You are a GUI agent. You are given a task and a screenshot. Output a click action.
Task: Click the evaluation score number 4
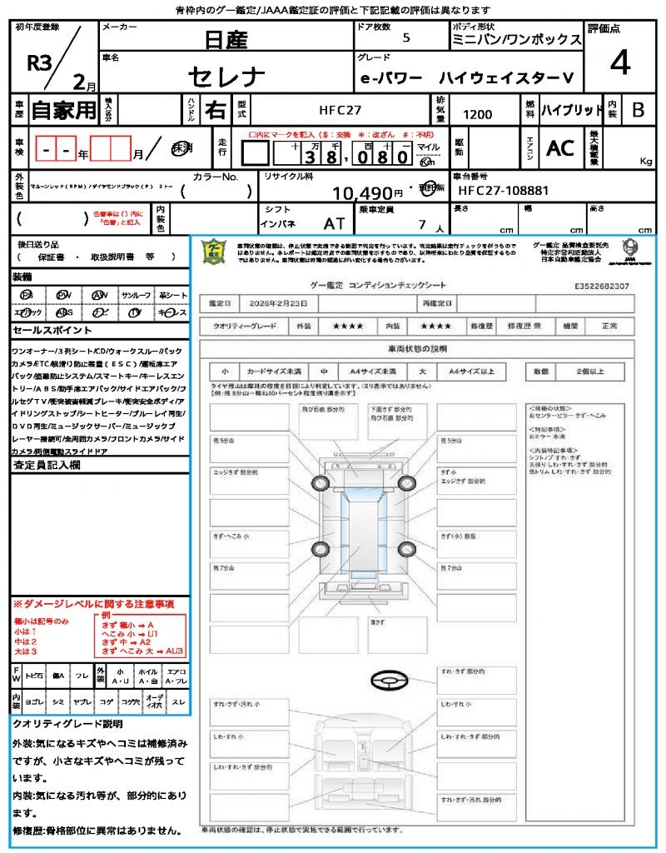coord(619,63)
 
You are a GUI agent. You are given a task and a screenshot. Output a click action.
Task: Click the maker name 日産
coord(226,40)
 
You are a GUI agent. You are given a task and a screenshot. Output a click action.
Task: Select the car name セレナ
coord(226,77)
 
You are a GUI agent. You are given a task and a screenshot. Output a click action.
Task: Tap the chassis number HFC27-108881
coord(503,191)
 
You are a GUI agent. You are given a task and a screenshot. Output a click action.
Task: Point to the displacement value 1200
coord(477,115)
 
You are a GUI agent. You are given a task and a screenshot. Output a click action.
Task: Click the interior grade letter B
coord(638,109)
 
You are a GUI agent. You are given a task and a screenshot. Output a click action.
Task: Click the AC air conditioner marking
coord(560,148)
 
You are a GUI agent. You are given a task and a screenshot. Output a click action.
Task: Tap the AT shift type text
coord(334,223)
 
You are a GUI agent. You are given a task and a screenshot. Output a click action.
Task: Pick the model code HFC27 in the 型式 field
coord(340,109)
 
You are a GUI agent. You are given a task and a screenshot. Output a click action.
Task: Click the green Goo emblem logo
coord(216,252)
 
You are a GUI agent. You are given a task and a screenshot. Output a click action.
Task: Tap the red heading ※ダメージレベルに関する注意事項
coord(93,603)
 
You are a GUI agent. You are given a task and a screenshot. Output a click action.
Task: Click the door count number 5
coord(405,38)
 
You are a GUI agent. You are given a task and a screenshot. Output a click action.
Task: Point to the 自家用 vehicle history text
coord(63,109)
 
